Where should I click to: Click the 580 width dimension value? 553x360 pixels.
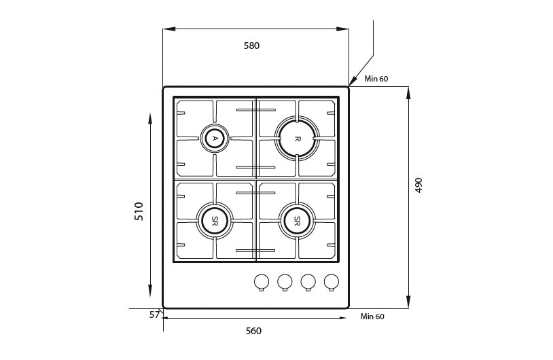[251, 46]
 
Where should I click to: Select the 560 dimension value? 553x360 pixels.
[253, 331]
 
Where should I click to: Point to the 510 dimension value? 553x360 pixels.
[139, 211]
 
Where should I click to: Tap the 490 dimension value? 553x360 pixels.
[418, 185]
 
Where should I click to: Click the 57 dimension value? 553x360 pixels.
[154, 315]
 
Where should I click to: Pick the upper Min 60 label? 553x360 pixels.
[376, 79]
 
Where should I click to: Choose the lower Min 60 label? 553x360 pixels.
[372, 317]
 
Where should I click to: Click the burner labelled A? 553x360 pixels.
[215, 138]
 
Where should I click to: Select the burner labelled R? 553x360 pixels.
[297, 139]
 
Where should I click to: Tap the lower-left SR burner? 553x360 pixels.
[215, 221]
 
